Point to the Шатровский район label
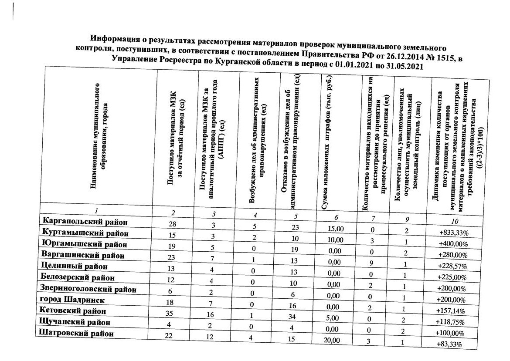coord(76,334)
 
